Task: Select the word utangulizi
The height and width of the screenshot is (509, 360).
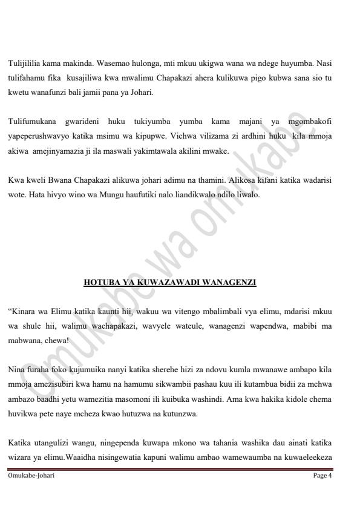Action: [x=52, y=443]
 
